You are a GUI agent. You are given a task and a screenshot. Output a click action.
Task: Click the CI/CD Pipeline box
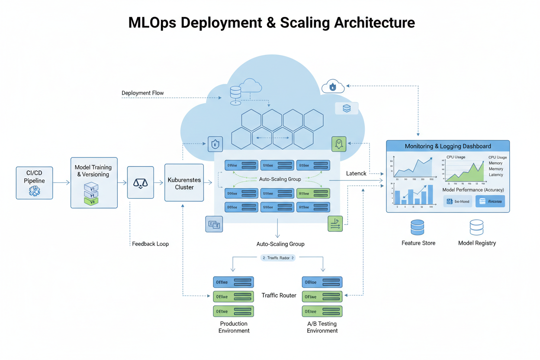click(x=34, y=183)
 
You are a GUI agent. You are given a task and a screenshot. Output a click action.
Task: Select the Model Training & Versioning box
click(x=94, y=183)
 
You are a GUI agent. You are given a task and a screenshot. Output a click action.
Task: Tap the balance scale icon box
click(x=140, y=183)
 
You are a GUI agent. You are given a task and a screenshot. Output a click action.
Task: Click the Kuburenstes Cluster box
click(x=184, y=183)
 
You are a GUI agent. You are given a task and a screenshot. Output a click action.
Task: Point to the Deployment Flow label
click(x=142, y=93)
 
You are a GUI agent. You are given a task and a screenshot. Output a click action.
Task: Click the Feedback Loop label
click(x=150, y=244)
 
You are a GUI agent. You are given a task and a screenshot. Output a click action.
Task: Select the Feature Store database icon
click(x=418, y=228)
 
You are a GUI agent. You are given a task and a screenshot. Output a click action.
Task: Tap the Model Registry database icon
click(x=476, y=228)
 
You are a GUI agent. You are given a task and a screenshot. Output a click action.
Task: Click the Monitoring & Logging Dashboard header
click(x=447, y=146)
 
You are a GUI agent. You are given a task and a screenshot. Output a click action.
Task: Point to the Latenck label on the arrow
click(x=356, y=174)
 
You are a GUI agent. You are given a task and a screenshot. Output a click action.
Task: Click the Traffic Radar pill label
click(x=278, y=258)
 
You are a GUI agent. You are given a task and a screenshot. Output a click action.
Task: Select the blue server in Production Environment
click(x=233, y=283)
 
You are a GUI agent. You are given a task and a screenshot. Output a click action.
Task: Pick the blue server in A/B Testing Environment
click(x=322, y=283)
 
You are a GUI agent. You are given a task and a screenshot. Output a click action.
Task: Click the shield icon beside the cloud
click(x=215, y=144)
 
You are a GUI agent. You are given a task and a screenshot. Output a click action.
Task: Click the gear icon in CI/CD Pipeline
click(x=34, y=191)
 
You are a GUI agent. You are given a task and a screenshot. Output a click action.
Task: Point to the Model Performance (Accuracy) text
click(x=473, y=190)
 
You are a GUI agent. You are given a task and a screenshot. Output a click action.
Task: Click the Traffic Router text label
click(x=279, y=296)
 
